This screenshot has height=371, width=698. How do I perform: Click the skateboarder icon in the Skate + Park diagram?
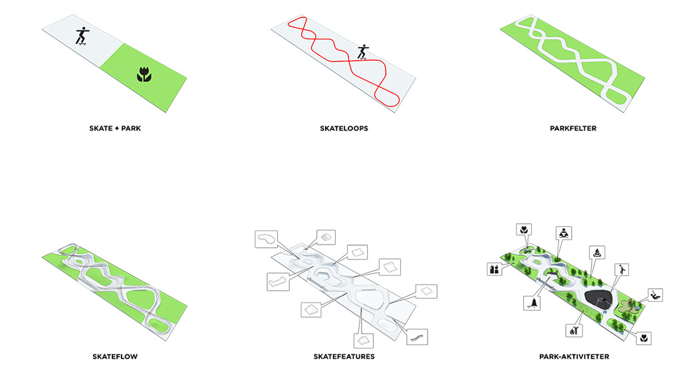click(x=82, y=36)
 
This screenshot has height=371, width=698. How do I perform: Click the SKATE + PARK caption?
click(x=116, y=128)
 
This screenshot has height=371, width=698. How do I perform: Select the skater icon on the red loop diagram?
click(x=363, y=53)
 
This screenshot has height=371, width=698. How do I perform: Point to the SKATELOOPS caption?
click(x=344, y=128)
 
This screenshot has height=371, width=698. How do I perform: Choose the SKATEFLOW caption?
click(x=116, y=357)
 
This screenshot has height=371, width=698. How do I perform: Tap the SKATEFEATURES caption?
click(x=344, y=357)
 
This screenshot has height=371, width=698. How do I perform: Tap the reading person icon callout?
click(x=564, y=233)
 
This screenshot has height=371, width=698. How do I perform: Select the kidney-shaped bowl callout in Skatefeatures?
click(x=267, y=239)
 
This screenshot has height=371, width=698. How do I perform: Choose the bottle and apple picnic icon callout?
click(x=494, y=269)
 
